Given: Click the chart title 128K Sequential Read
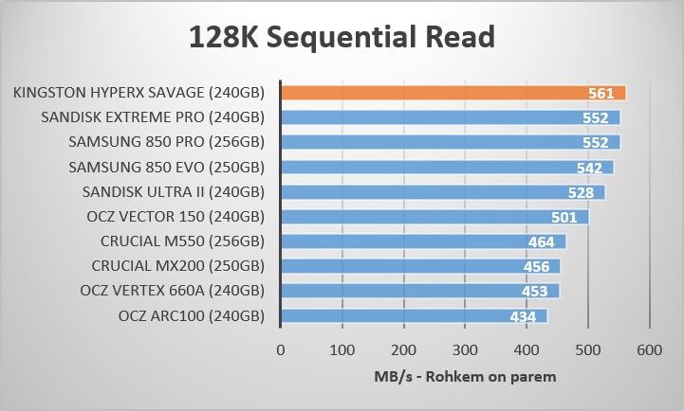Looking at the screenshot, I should [342, 38].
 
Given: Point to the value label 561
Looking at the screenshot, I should [601, 93].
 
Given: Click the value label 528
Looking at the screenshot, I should [580, 192].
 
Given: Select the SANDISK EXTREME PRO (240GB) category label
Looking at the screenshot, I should [153, 117].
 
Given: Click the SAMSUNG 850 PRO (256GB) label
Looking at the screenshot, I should [166, 142].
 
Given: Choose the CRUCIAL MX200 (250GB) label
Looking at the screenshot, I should [178, 266].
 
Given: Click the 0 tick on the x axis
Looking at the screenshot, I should [281, 350].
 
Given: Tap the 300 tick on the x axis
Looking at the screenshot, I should [465, 350].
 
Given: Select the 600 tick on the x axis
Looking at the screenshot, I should [650, 350].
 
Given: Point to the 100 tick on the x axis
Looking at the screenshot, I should [342, 350].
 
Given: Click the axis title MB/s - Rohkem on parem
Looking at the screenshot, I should [464, 376].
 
